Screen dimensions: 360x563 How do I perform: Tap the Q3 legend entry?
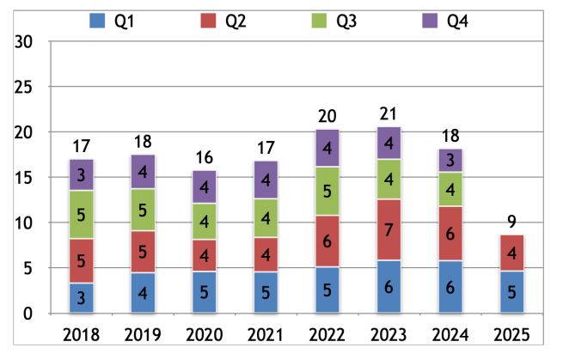tap(337, 20)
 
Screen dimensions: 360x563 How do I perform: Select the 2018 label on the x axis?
tap(82, 334)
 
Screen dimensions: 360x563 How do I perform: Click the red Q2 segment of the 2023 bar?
tap(389, 229)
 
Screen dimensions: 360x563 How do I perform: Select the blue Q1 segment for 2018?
tap(82, 297)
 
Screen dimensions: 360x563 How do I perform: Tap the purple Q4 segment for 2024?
tap(450, 161)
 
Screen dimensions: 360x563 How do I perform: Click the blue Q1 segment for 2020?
tap(205, 292)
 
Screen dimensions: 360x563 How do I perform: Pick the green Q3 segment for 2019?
tap(144, 211)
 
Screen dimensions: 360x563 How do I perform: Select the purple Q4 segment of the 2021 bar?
tap(266, 180)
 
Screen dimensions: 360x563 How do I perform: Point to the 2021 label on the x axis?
tap(266, 334)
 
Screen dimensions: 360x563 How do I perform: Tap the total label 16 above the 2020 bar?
tap(205, 158)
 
